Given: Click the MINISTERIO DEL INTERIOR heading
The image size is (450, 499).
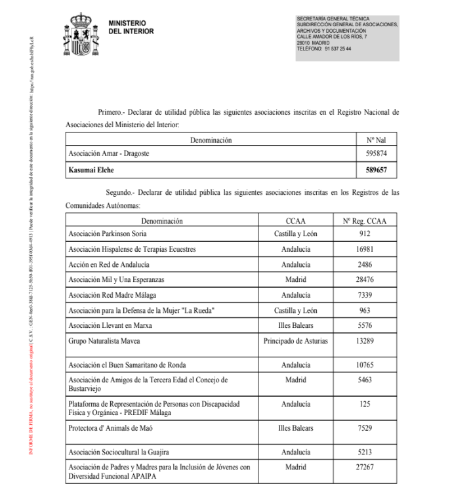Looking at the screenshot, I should (x=131, y=27).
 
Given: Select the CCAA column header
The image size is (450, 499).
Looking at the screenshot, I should (x=295, y=221).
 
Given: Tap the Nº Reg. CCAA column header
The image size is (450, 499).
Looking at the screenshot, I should (x=365, y=221).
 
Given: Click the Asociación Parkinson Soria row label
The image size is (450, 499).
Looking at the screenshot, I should (x=108, y=233).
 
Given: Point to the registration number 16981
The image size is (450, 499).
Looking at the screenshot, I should (x=365, y=249).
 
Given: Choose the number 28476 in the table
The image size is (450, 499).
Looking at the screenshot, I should (x=365, y=280).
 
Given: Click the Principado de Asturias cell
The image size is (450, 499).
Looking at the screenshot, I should (x=295, y=341).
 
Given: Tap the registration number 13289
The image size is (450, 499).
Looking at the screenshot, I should (x=365, y=341).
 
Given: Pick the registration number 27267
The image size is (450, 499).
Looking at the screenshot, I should (x=365, y=468).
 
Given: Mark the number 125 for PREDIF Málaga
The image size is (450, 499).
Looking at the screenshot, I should (x=365, y=404).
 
